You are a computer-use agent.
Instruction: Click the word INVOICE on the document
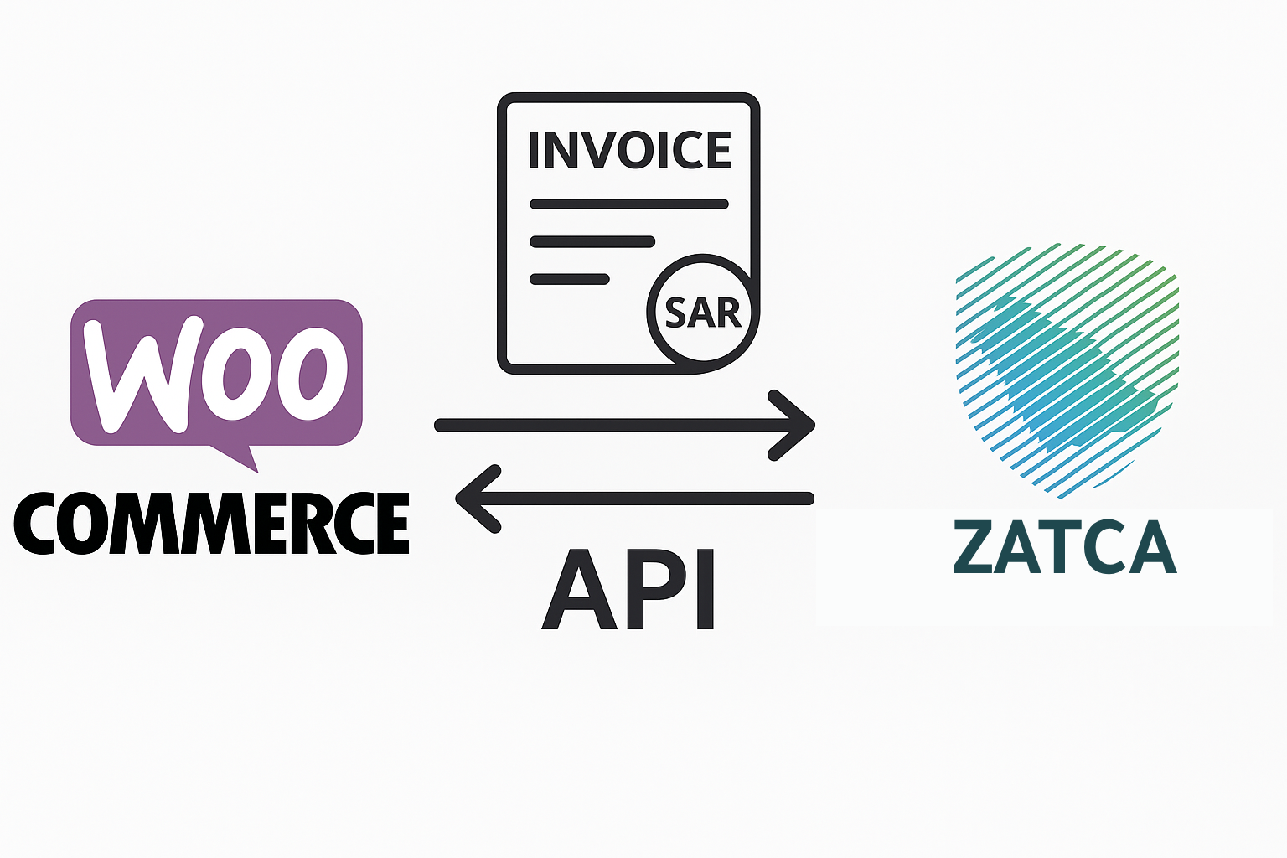(x=629, y=150)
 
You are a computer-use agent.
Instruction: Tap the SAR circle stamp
(x=702, y=312)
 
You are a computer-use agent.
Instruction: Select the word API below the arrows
(x=628, y=590)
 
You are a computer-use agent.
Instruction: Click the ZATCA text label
(x=1065, y=547)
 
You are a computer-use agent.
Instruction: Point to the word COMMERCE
(x=212, y=524)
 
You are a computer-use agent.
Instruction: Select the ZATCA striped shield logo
(x=1067, y=364)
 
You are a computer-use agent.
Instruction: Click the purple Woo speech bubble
(x=216, y=372)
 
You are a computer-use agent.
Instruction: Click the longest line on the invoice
(x=628, y=204)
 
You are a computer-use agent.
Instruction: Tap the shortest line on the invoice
(x=570, y=279)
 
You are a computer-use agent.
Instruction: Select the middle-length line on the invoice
(x=592, y=242)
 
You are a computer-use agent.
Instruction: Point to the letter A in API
(x=577, y=590)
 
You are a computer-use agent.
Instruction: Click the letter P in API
(x=654, y=590)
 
